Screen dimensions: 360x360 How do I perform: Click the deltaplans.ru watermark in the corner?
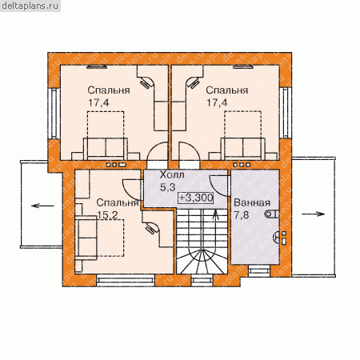pyautogui.click(x=30, y=6)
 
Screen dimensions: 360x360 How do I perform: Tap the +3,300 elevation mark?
pyautogui.click(x=196, y=198)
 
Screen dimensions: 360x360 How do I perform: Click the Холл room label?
pyautogui.click(x=172, y=175)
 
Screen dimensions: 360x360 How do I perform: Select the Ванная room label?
pyautogui.click(x=252, y=202)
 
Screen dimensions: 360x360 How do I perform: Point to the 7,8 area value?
pyautogui.click(x=242, y=215)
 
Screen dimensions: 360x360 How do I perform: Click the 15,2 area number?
pyautogui.click(x=107, y=215)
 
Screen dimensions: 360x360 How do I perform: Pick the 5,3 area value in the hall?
pyautogui.click(x=167, y=187)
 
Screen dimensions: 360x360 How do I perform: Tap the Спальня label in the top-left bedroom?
pyautogui.click(x=109, y=90)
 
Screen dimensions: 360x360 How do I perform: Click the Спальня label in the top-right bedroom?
pyautogui.click(x=227, y=90)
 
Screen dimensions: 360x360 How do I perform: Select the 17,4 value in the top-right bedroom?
pyautogui.click(x=217, y=102)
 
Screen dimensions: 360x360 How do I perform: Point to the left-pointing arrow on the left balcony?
pyautogui.click(x=42, y=206)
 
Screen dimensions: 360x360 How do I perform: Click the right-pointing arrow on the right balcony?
pyautogui.click(x=314, y=214)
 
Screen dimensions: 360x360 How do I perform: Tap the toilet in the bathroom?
pyautogui.click(x=272, y=214)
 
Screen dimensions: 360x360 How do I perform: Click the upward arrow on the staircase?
pyautogui.click(x=215, y=214)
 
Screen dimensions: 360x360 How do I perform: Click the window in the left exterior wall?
pyautogui.click(x=54, y=113)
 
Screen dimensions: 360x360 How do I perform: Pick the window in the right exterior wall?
pyautogui.click(x=286, y=112)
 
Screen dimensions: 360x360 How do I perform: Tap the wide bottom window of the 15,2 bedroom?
pyautogui.click(x=126, y=282)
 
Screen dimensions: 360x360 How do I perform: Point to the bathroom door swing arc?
pyautogui.click(x=218, y=186)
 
